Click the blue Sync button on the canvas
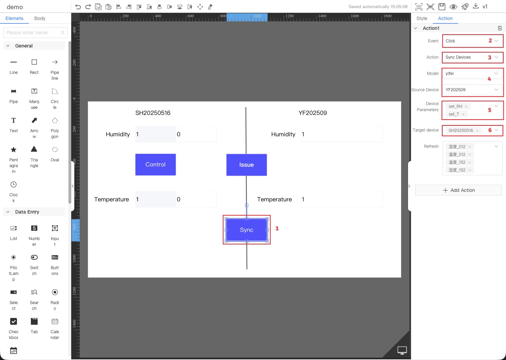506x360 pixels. tap(247, 230)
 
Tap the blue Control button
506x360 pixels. tap(155, 164)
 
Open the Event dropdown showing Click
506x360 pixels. tap(472, 41)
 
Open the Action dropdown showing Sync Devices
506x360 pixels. tap(472, 57)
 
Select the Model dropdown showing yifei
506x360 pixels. tap(472, 74)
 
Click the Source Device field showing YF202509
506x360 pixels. tap(472, 90)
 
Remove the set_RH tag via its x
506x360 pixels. tap(466, 106)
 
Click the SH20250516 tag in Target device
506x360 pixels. tap(461, 131)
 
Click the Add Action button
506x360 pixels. tap(459, 190)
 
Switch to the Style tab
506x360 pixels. tap(422, 18)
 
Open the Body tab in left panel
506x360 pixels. tap(40, 18)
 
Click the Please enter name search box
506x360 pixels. tap(32, 33)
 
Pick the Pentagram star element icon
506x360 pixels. tap(14, 149)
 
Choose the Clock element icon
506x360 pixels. tap(14, 184)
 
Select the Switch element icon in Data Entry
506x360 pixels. tap(34, 257)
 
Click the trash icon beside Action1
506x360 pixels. tap(500, 28)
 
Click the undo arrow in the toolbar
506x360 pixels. tap(78, 7)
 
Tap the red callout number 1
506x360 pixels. tap(277, 228)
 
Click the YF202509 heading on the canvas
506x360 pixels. tap(313, 113)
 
